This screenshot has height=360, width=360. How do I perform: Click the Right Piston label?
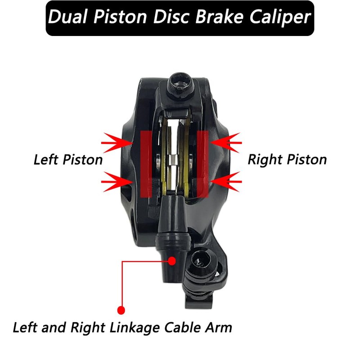pyautogui.click(x=287, y=160)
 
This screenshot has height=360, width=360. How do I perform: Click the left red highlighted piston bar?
pyautogui.click(x=146, y=164)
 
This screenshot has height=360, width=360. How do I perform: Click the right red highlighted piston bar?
pyautogui.click(x=202, y=164)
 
